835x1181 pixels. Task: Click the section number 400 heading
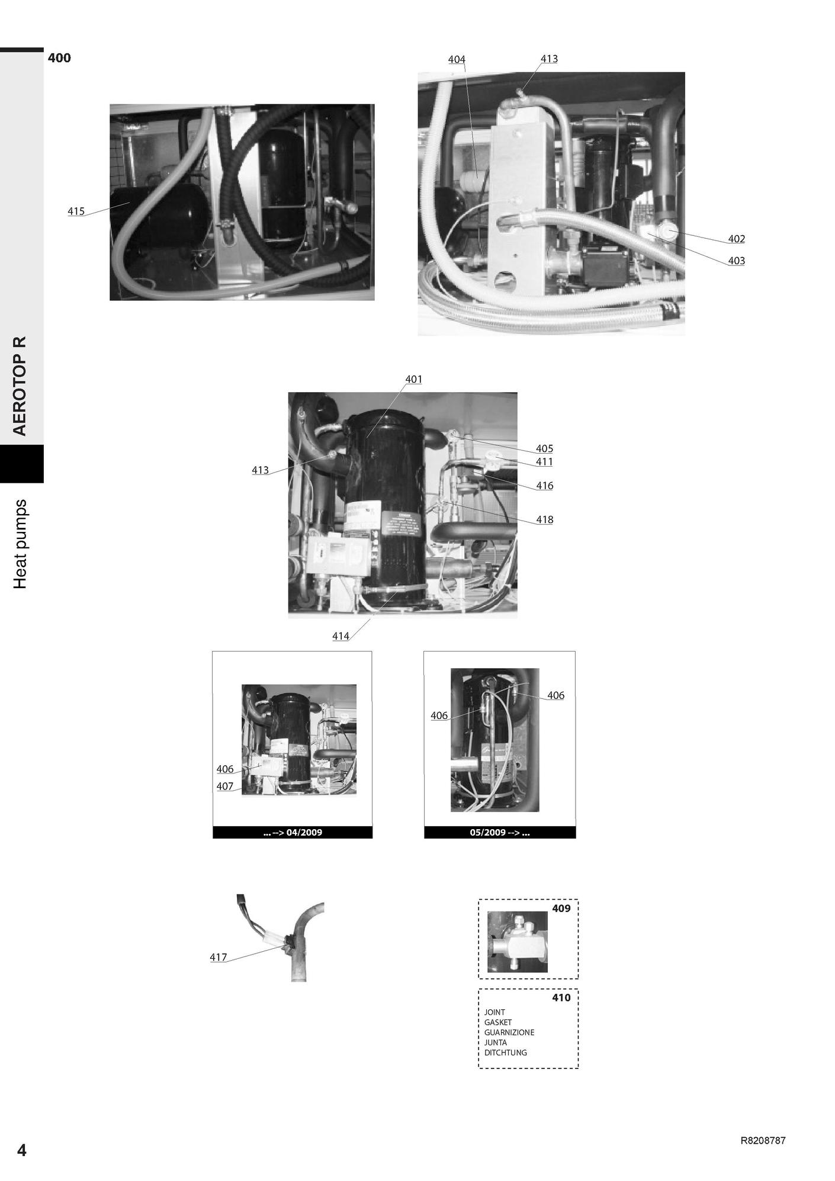click(59, 57)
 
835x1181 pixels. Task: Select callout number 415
click(76, 211)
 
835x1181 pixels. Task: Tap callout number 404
click(457, 59)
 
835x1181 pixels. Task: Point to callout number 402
click(736, 239)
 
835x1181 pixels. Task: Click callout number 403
click(736, 261)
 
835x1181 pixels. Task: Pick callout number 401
click(413, 379)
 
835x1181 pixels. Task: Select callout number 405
click(544, 448)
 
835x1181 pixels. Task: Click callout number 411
click(544, 461)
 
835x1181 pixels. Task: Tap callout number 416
click(544, 486)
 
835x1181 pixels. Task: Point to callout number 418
click(544, 519)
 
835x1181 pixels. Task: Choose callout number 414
click(341, 636)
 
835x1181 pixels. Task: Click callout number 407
click(225, 787)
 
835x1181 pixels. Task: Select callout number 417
click(219, 957)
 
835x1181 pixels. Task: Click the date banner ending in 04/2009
click(293, 832)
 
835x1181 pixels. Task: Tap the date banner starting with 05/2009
click(500, 832)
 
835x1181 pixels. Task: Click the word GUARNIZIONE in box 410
click(509, 1032)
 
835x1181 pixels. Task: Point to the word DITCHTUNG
click(505, 1052)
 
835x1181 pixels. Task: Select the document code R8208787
click(763, 1141)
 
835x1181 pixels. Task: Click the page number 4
click(22, 1150)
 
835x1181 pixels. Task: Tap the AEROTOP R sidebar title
click(20, 386)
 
